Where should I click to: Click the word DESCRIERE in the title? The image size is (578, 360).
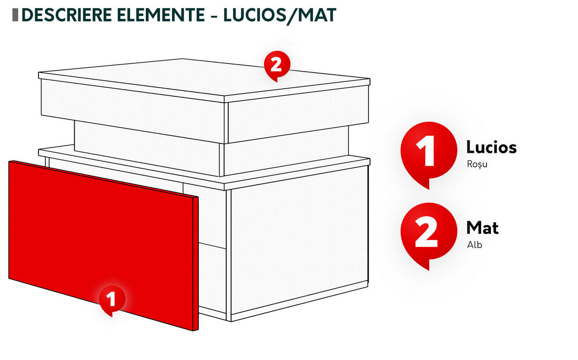click(67, 15)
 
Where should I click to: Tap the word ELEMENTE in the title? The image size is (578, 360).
click(161, 15)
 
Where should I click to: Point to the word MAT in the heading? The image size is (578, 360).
click(317, 15)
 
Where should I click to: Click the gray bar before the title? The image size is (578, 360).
click(15, 15)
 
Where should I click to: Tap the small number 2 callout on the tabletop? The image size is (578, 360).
click(277, 65)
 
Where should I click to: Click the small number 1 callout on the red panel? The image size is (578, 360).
click(112, 300)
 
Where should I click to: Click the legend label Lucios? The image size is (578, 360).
click(492, 147)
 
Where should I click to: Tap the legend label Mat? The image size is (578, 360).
click(483, 228)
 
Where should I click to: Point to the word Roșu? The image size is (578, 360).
click(477, 164)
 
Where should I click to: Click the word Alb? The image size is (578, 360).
click(474, 244)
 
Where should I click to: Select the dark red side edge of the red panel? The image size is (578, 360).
click(196, 264)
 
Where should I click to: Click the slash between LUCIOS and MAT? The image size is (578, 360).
click(291, 16)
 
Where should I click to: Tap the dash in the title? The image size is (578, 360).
click(214, 16)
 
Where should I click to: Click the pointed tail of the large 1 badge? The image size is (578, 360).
click(426, 185)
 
